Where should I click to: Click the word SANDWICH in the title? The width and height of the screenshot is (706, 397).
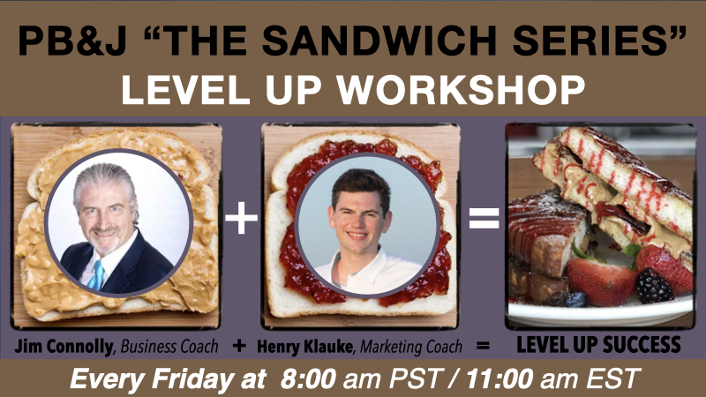(x=380, y=41)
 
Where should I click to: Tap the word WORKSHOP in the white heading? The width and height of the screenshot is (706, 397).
(x=462, y=89)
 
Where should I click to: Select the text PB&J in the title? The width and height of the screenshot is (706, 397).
(x=72, y=41)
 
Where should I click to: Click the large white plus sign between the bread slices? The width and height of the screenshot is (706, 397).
(x=241, y=218)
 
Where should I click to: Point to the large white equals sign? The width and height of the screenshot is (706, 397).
(x=484, y=218)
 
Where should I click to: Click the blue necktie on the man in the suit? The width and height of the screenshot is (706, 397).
(x=97, y=274)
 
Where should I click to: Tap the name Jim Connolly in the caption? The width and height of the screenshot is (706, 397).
(x=64, y=347)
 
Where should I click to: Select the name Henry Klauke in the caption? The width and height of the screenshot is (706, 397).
(x=305, y=347)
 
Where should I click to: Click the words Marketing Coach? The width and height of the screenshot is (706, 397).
(x=411, y=347)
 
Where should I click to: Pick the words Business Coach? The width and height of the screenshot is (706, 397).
(x=169, y=347)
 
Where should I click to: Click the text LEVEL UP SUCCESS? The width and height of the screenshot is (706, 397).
(x=598, y=345)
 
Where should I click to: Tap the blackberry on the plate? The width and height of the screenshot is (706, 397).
(x=654, y=285)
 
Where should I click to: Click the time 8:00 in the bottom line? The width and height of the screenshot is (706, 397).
(x=308, y=378)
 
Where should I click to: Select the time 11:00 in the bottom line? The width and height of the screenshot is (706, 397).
(x=499, y=378)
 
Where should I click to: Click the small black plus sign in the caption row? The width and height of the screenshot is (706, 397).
(x=239, y=346)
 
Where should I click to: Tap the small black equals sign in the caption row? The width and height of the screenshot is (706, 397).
(x=483, y=346)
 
